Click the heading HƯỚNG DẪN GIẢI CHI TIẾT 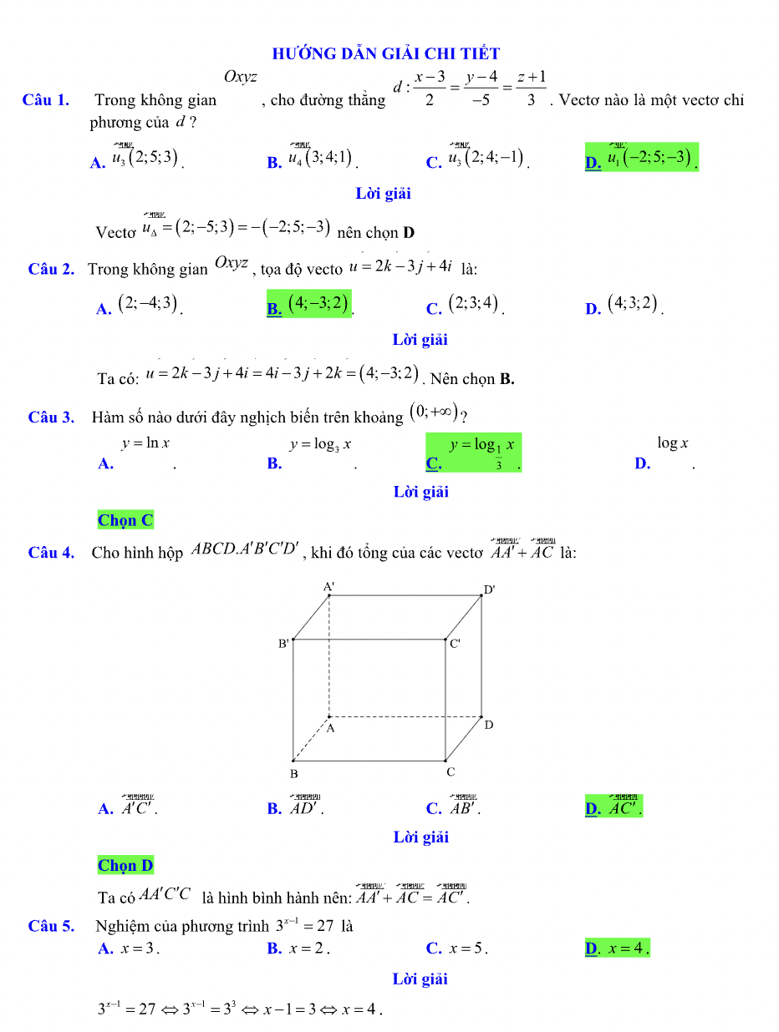click(x=386, y=54)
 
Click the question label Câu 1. click(x=46, y=100)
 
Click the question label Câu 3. click(x=51, y=417)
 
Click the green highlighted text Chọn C click(x=125, y=520)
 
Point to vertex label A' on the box click(x=329, y=586)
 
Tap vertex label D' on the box click(x=490, y=589)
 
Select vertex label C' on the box click(x=456, y=644)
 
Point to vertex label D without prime click(x=489, y=725)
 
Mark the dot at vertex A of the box click(x=329, y=716)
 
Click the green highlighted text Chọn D click(x=125, y=865)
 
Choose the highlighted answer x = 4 click(x=619, y=949)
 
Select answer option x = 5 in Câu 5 click(x=458, y=949)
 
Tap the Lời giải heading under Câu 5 click(x=420, y=979)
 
